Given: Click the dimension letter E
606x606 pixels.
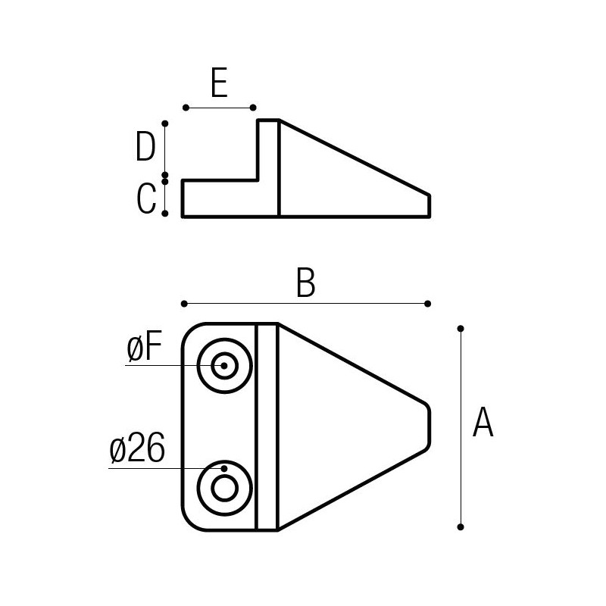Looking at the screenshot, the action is click(x=219, y=83).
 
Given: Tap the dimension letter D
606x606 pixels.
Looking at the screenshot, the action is click(x=145, y=146).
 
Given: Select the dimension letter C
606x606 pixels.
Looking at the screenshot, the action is click(x=146, y=198).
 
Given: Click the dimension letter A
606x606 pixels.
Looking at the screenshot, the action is click(x=483, y=422).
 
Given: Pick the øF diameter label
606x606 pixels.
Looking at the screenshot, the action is click(x=144, y=348).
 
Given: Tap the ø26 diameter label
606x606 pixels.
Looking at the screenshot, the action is click(x=137, y=448).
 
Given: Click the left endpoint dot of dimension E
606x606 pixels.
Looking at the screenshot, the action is click(x=186, y=108).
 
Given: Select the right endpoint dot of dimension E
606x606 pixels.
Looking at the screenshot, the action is click(x=253, y=108).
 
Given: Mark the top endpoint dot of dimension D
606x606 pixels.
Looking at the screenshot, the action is click(x=165, y=123).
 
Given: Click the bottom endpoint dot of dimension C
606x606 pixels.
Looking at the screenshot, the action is click(x=165, y=214).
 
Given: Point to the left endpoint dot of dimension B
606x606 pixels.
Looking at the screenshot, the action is click(x=184, y=304).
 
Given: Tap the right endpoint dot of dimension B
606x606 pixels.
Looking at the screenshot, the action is click(x=427, y=304).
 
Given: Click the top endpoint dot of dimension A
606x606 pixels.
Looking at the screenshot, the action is click(x=461, y=329).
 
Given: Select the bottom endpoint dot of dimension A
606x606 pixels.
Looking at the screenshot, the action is click(x=461, y=526).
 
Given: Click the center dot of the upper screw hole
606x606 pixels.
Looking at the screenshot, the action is click(x=224, y=366).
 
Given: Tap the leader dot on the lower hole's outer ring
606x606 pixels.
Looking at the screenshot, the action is click(x=224, y=468).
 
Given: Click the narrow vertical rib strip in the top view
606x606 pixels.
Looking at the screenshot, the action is click(x=267, y=426).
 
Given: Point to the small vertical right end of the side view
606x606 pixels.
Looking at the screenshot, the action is click(x=430, y=206).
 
